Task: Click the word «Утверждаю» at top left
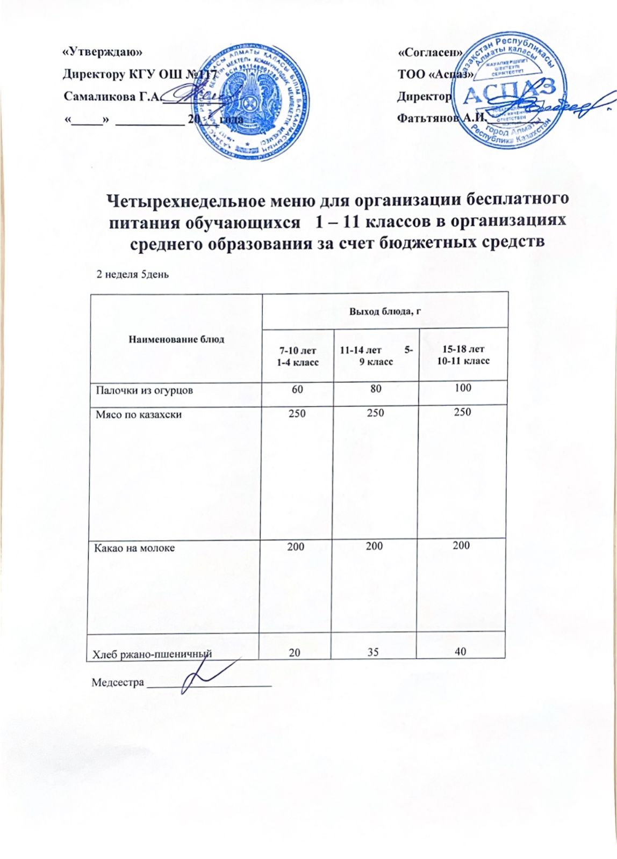[103, 52]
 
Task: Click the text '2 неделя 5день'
[132, 274]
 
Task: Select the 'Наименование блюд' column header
[176, 339]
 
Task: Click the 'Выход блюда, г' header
[384, 311]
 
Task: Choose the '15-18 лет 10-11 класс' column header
[463, 355]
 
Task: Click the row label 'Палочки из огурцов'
[144, 390]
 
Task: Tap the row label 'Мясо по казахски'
[138, 414]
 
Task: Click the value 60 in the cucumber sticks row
[297, 389]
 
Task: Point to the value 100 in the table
[462, 388]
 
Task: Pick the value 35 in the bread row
[373, 652]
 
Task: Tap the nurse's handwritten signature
[204, 675]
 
